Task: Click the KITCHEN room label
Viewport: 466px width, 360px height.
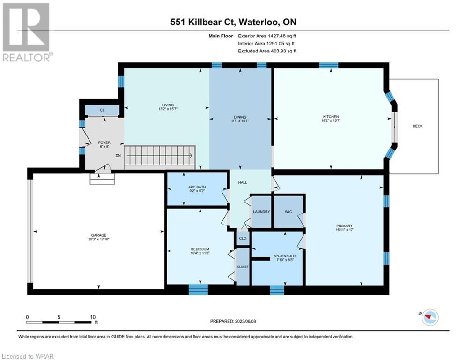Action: pos(331,117)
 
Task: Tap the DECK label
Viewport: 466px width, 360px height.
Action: pos(418,126)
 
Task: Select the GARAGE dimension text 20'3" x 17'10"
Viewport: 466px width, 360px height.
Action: pos(99,239)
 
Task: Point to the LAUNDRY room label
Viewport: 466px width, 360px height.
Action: pos(261,212)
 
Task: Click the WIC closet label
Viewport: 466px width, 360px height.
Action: pos(288,212)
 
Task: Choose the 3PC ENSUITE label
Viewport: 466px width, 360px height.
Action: pos(285,256)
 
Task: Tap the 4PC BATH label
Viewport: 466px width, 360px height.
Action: pos(197,187)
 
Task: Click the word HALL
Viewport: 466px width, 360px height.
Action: pos(243,182)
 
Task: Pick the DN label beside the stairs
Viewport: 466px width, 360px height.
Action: pos(118,155)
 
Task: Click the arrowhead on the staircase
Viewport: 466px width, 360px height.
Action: pos(191,155)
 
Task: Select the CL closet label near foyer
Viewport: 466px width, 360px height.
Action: pos(102,110)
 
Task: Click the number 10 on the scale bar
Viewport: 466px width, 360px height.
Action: pos(93,317)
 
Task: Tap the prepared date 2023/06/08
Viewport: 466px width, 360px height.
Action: pos(245,321)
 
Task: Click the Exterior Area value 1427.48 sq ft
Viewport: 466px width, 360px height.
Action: pos(282,36)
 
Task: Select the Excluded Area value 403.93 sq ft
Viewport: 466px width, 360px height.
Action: pos(283,51)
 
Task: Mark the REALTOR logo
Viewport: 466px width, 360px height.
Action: pos(27,32)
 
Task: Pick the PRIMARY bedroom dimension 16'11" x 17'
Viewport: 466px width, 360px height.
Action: pos(344,230)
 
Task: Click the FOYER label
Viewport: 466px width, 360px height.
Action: pos(104,142)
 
